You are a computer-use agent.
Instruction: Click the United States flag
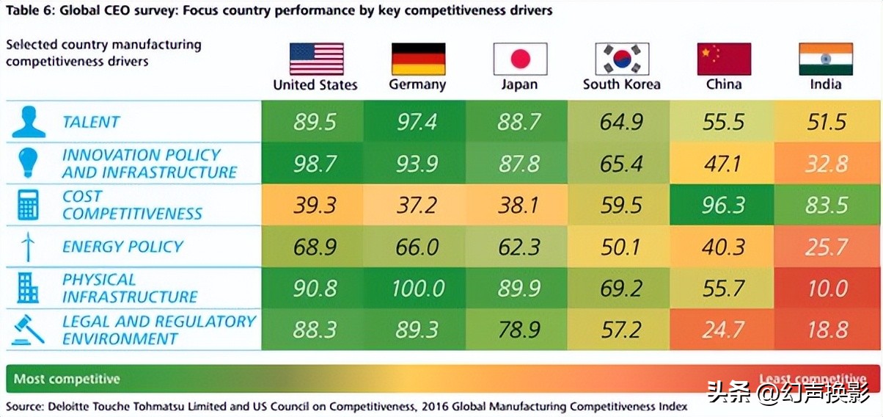[x=316, y=59]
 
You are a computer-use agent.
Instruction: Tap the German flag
[x=418, y=59]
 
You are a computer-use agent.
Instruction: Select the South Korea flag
[x=621, y=59]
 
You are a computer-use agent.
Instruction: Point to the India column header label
[x=826, y=84]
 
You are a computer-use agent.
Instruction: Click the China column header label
[x=724, y=84]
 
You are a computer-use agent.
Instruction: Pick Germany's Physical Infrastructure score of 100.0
[x=417, y=288]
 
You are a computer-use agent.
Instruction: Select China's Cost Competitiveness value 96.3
[x=724, y=205]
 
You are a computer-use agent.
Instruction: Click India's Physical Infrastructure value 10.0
[x=827, y=288]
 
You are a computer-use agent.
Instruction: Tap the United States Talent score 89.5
[x=315, y=122]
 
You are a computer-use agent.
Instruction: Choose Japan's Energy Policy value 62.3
[x=519, y=247]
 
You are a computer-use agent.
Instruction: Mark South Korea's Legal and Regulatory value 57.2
[x=621, y=330]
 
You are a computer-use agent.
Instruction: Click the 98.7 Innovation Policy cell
[x=315, y=163]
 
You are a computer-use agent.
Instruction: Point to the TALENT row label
[x=91, y=122]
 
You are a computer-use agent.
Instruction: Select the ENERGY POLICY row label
[x=122, y=247]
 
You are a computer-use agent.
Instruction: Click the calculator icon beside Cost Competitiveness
[x=28, y=205]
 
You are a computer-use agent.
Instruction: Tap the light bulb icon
[x=28, y=163]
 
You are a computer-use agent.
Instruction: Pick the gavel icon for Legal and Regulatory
[x=28, y=330]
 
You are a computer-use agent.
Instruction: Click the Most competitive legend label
[x=67, y=379]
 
